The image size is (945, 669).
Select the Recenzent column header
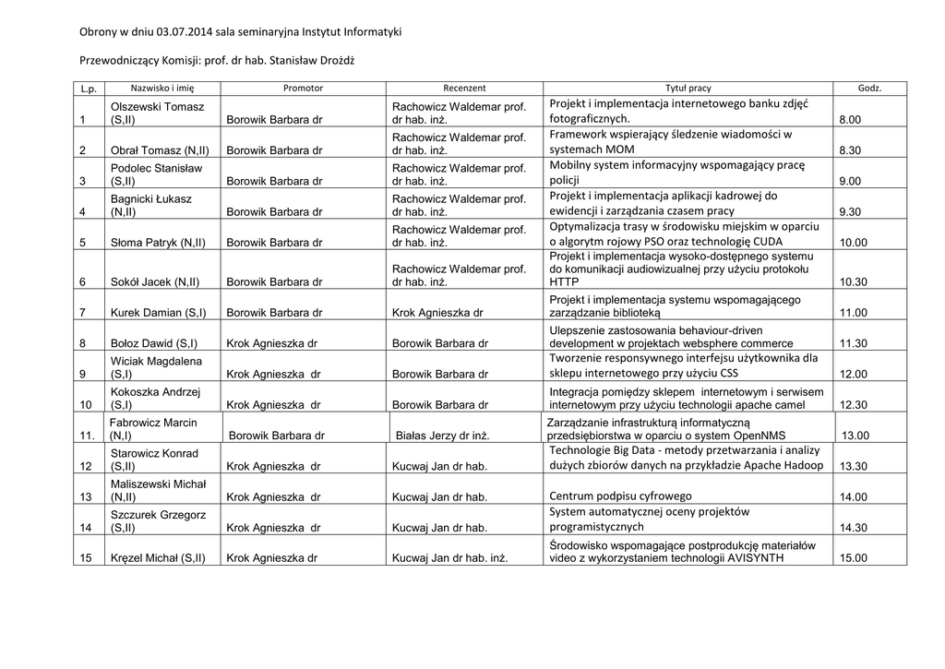464,89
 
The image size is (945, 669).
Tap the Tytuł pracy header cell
688,89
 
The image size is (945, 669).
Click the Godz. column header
869,89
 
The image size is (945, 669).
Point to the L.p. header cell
89,89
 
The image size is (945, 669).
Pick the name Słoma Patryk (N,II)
158,243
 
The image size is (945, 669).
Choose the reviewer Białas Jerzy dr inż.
442,436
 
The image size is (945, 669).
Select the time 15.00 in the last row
853,558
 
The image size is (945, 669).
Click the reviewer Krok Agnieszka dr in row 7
437,313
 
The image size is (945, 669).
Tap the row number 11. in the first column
89,436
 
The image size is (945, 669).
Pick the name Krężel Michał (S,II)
158,558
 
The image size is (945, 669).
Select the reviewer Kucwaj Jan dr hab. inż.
449,558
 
